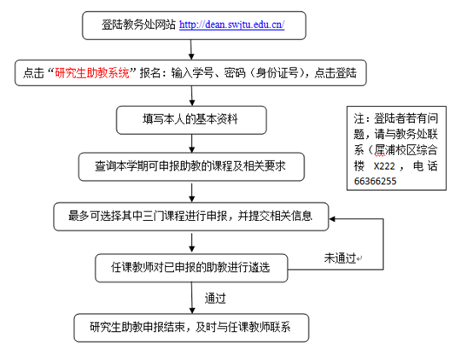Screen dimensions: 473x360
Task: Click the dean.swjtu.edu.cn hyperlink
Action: point(231,25)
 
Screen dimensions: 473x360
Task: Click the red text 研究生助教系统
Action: point(92,73)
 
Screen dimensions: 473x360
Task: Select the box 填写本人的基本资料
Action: point(191,119)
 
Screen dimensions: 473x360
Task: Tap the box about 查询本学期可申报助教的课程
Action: point(191,166)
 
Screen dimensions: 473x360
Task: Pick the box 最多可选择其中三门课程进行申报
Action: point(191,217)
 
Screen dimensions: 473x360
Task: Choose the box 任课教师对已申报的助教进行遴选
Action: point(191,268)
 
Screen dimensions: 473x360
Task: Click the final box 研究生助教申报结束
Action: point(191,328)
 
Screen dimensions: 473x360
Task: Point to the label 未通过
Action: point(340,258)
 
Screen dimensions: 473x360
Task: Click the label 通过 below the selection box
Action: point(215,299)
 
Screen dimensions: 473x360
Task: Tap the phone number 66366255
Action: point(376,181)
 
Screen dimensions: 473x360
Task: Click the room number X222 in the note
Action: point(384,166)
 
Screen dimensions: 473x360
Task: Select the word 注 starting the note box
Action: point(359,119)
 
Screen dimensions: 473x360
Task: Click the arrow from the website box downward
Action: point(191,49)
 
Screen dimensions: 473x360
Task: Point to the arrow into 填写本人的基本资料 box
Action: point(192,96)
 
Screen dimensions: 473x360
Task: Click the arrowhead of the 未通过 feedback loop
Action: point(332,219)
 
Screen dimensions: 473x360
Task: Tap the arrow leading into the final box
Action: point(192,298)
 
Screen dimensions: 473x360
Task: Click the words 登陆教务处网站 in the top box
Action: point(139,25)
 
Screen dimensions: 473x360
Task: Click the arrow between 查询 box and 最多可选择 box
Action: point(192,192)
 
